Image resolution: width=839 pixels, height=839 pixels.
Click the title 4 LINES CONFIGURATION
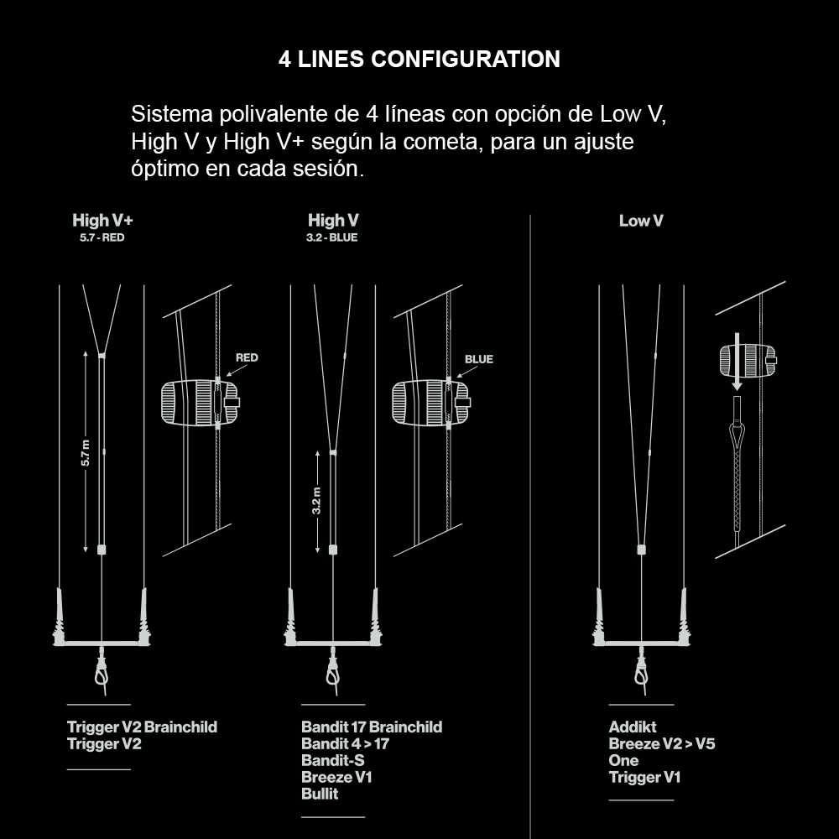pos(419,60)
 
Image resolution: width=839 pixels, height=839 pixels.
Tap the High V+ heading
pos(102,221)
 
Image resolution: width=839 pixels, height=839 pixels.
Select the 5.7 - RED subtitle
pos(102,237)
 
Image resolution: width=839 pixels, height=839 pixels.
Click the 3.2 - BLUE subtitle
pos(333,237)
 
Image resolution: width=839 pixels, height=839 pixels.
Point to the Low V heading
pos(641,221)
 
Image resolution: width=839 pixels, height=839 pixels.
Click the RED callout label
pos(247,358)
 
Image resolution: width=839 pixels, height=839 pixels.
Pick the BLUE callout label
pos(479,359)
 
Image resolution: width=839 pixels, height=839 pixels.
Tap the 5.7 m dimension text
pos(86,453)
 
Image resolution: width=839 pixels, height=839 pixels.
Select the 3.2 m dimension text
pos(316,502)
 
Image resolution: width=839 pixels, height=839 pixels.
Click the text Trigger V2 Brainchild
pos(142,727)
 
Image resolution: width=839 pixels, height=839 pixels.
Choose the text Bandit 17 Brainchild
pos(372,727)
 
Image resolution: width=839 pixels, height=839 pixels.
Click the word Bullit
pos(320,794)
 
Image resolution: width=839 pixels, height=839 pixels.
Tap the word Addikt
pos(633,727)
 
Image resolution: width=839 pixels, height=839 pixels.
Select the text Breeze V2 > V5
pos(662,743)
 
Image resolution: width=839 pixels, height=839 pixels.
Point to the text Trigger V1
pos(644,777)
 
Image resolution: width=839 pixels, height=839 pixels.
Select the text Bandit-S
pos(332,760)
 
